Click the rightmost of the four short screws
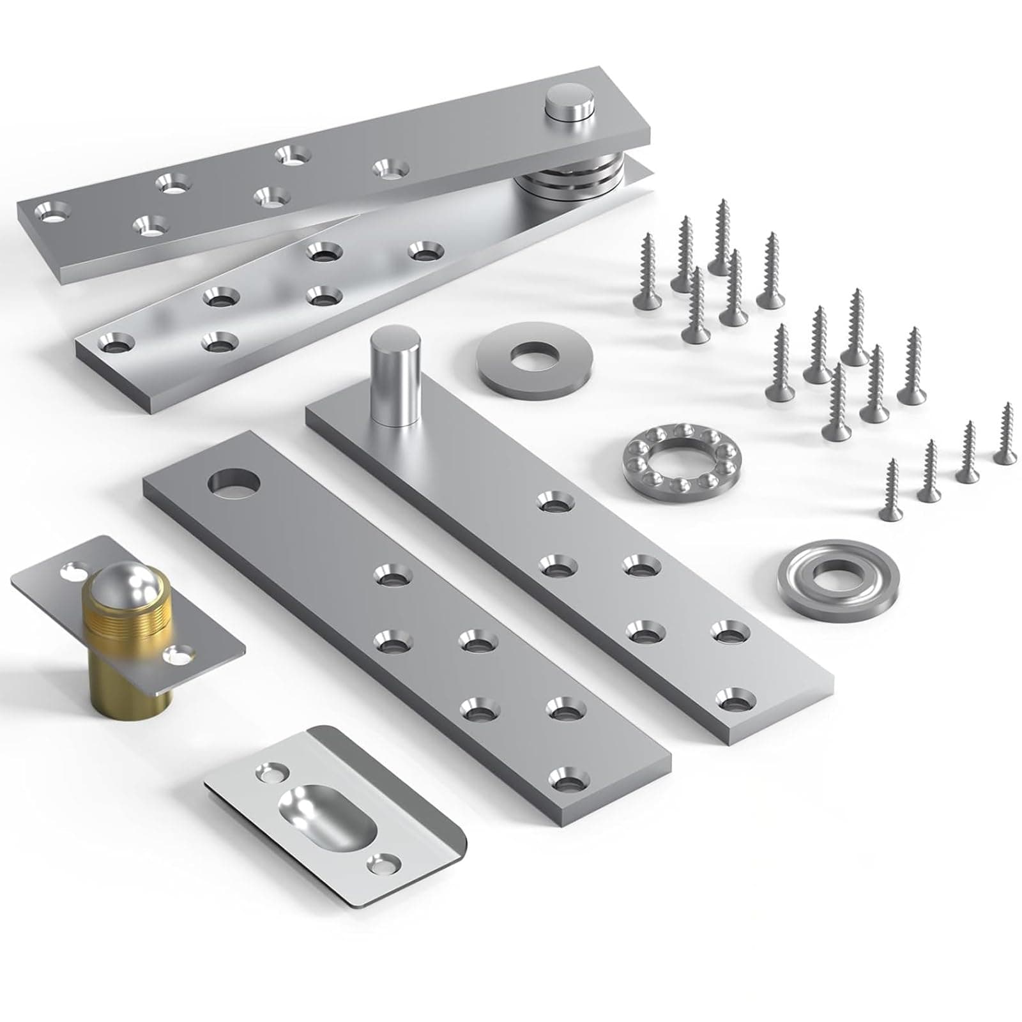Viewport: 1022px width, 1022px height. click(x=1005, y=434)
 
